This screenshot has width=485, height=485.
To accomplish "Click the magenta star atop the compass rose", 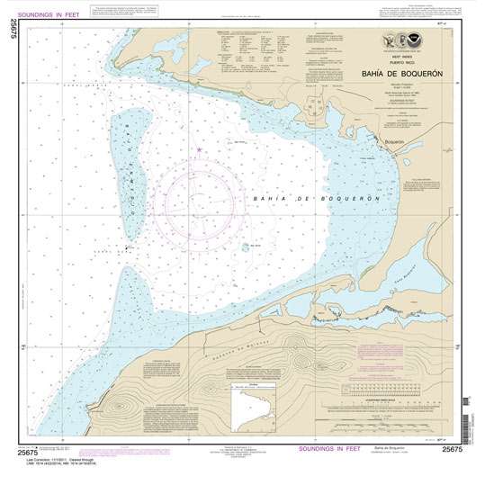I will click(198, 148).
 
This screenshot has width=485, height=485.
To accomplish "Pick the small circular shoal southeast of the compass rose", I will click(245, 247).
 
